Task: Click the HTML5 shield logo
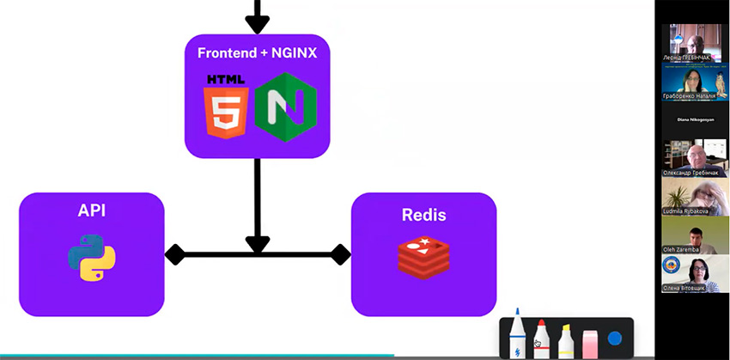pos(225,107)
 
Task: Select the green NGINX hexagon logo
pos(286,107)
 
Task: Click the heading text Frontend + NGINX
pos(258,52)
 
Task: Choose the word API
pos(92,211)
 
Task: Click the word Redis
pos(423,215)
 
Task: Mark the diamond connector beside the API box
pos(175,254)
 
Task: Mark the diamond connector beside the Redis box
pos(340,254)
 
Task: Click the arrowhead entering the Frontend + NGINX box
pos(258,23)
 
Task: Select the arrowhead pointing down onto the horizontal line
pos(258,244)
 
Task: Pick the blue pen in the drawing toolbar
pos(517,335)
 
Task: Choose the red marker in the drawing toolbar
pos(541,339)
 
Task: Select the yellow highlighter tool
pos(565,340)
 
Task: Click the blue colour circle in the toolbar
pos(614,339)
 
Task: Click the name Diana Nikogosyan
pos(695,119)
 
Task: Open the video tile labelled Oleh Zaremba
pos(695,234)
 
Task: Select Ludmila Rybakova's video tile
pos(695,196)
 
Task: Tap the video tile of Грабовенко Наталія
pos(695,82)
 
